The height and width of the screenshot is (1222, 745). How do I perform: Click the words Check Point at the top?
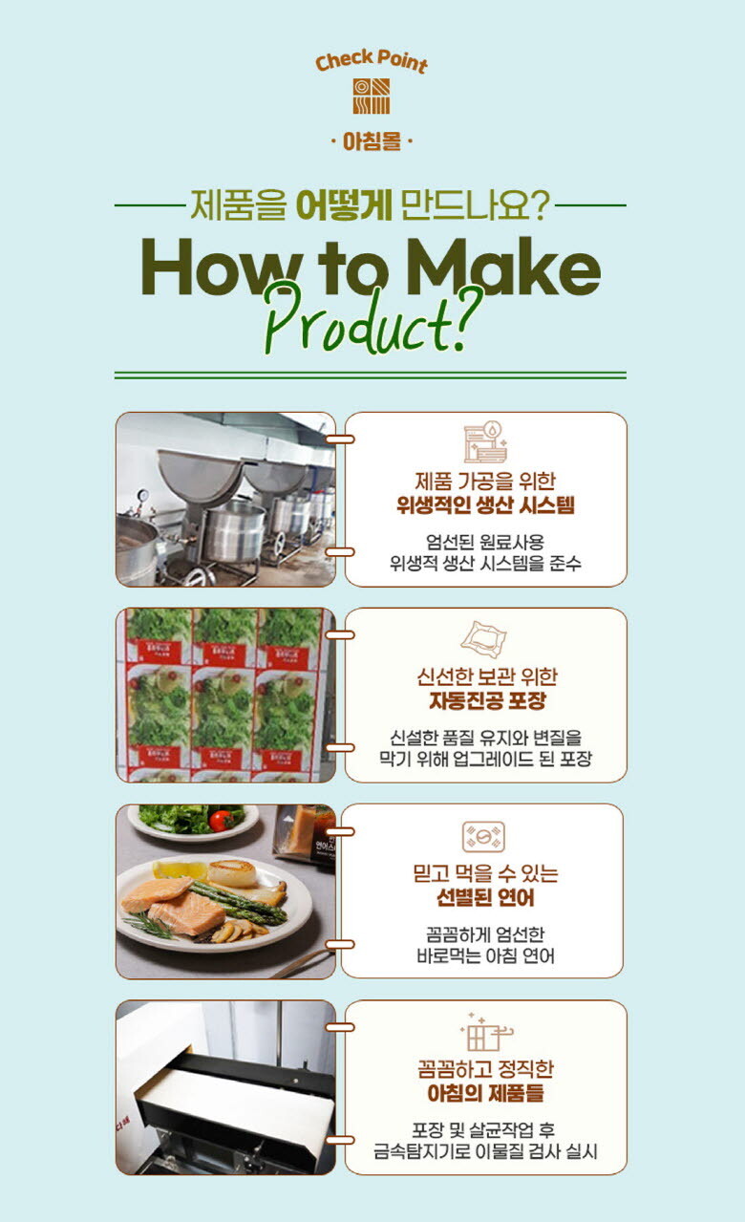[372, 62]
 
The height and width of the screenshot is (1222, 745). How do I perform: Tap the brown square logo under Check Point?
[372, 96]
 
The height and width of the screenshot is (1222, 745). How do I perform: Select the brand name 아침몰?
[372, 141]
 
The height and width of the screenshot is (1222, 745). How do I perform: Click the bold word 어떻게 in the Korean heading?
[343, 205]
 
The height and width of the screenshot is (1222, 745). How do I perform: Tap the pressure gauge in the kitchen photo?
[143, 496]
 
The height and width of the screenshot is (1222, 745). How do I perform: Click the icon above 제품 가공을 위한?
[485, 442]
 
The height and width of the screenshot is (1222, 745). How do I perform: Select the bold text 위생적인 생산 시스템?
[485, 505]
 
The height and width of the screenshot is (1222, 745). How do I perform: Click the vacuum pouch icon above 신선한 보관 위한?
[483, 639]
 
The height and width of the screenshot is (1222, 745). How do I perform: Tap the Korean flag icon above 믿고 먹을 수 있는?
[483, 837]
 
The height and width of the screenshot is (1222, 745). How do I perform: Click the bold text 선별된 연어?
[485, 898]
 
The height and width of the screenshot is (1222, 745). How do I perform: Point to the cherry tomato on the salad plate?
[221, 820]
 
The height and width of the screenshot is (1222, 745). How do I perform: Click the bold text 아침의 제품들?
[485, 1094]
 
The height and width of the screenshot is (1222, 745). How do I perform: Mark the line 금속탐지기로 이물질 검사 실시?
[485, 1151]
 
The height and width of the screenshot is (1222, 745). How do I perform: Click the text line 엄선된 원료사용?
[485, 543]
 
